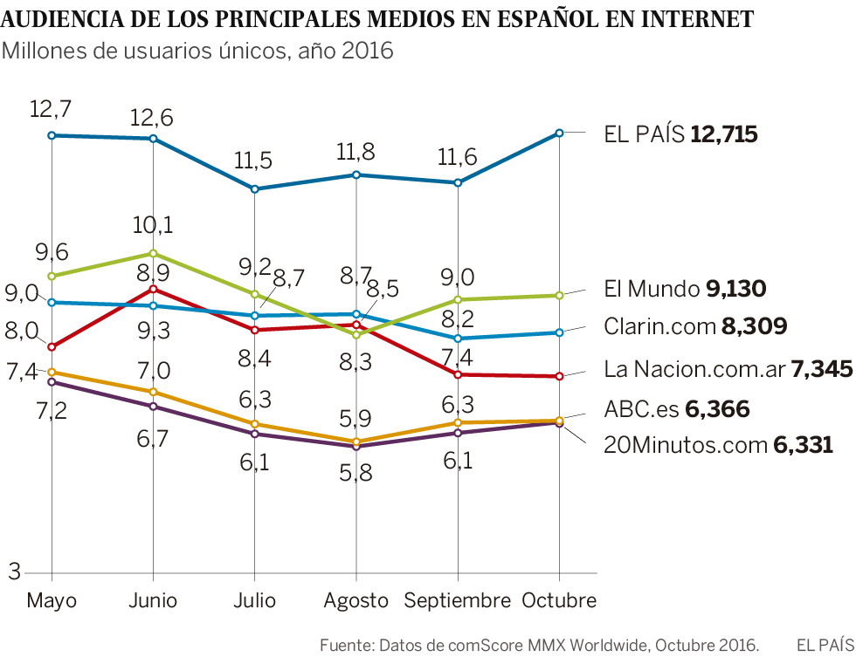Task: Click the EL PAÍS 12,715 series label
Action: tap(680, 134)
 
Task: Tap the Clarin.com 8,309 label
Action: tap(695, 326)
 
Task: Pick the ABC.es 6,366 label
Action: tap(676, 409)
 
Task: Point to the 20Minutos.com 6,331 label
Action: tap(718, 445)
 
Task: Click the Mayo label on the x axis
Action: tap(52, 600)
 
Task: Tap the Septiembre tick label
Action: tap(457, 600)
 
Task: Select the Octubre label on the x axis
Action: tap(559, 600)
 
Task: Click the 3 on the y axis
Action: tap(14, 572)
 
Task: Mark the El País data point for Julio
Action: tap(254, 189)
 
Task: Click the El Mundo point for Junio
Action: tap(154, 254)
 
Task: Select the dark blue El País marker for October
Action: tap(559, 133)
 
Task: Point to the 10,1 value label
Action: tap(152, 225)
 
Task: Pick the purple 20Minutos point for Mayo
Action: tap(52, 381)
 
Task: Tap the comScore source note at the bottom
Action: tap(540, 645)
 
